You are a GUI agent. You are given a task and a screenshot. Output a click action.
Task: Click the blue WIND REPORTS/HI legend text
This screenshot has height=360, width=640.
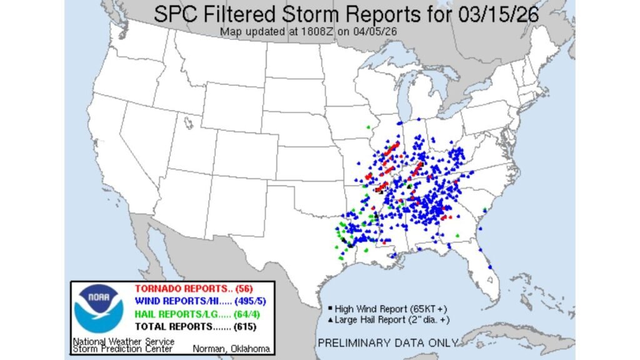176,301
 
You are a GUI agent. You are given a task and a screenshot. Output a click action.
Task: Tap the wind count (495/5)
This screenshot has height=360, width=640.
246,301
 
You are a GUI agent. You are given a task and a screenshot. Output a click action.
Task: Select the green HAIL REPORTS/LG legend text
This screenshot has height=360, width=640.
176,314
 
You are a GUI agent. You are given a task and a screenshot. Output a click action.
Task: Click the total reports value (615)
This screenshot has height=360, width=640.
241,326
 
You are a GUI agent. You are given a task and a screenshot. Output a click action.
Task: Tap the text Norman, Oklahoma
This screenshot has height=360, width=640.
232,348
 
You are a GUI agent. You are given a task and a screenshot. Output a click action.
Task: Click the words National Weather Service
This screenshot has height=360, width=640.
123,341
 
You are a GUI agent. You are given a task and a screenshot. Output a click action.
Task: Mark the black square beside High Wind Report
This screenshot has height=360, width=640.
330,309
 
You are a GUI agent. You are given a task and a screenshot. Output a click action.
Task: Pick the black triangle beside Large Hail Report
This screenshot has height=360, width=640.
330,319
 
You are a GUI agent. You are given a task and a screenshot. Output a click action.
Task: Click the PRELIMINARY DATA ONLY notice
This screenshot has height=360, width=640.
388,342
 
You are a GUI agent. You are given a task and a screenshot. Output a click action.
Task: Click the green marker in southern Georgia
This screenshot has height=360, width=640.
457,235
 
